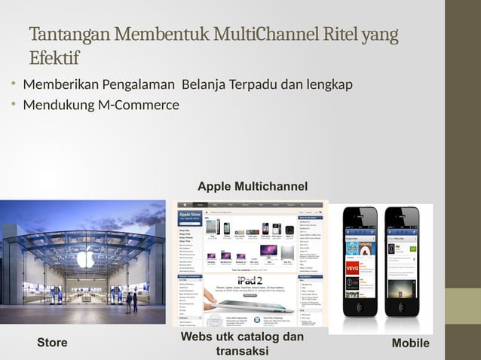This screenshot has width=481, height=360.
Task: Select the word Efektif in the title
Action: (x=54, y=58)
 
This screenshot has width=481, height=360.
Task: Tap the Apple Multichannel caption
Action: (x=253, y=186)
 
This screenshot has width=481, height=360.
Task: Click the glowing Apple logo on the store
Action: (x=85, y=261)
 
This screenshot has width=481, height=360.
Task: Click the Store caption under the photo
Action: (x=52, y=343)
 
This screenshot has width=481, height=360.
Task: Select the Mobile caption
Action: (x=411, y=343)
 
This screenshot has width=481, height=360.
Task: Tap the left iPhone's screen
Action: (x=360, y=268)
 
